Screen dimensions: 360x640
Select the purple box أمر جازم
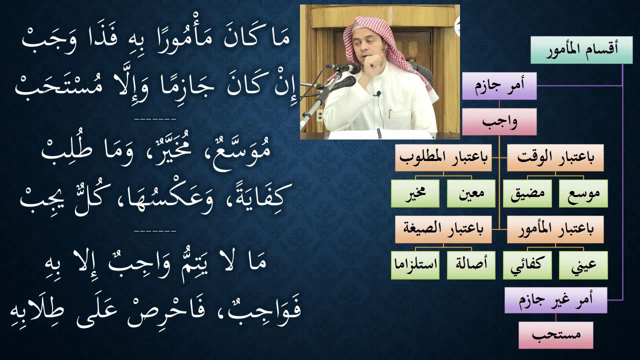pos(499,85)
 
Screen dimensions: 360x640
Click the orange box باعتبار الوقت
pos(555,157)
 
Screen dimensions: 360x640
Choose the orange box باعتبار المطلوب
pos(443,157)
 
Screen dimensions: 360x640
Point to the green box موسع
pos(583,193)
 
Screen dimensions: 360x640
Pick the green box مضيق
pos(527,193)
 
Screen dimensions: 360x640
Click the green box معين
pos(471,193)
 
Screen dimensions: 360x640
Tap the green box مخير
pos(415,193)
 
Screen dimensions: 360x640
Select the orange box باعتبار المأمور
pos(555,229)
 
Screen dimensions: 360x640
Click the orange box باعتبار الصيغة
pos(443,229)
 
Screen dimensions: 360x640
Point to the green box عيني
pos(583,265)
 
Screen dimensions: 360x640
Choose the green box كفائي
pos(527,265)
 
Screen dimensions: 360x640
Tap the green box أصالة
pos(471,265)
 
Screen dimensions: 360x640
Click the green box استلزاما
pos(415,265)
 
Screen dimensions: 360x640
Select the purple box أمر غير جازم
pos(555,300)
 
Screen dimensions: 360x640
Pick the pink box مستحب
pos(555,335)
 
